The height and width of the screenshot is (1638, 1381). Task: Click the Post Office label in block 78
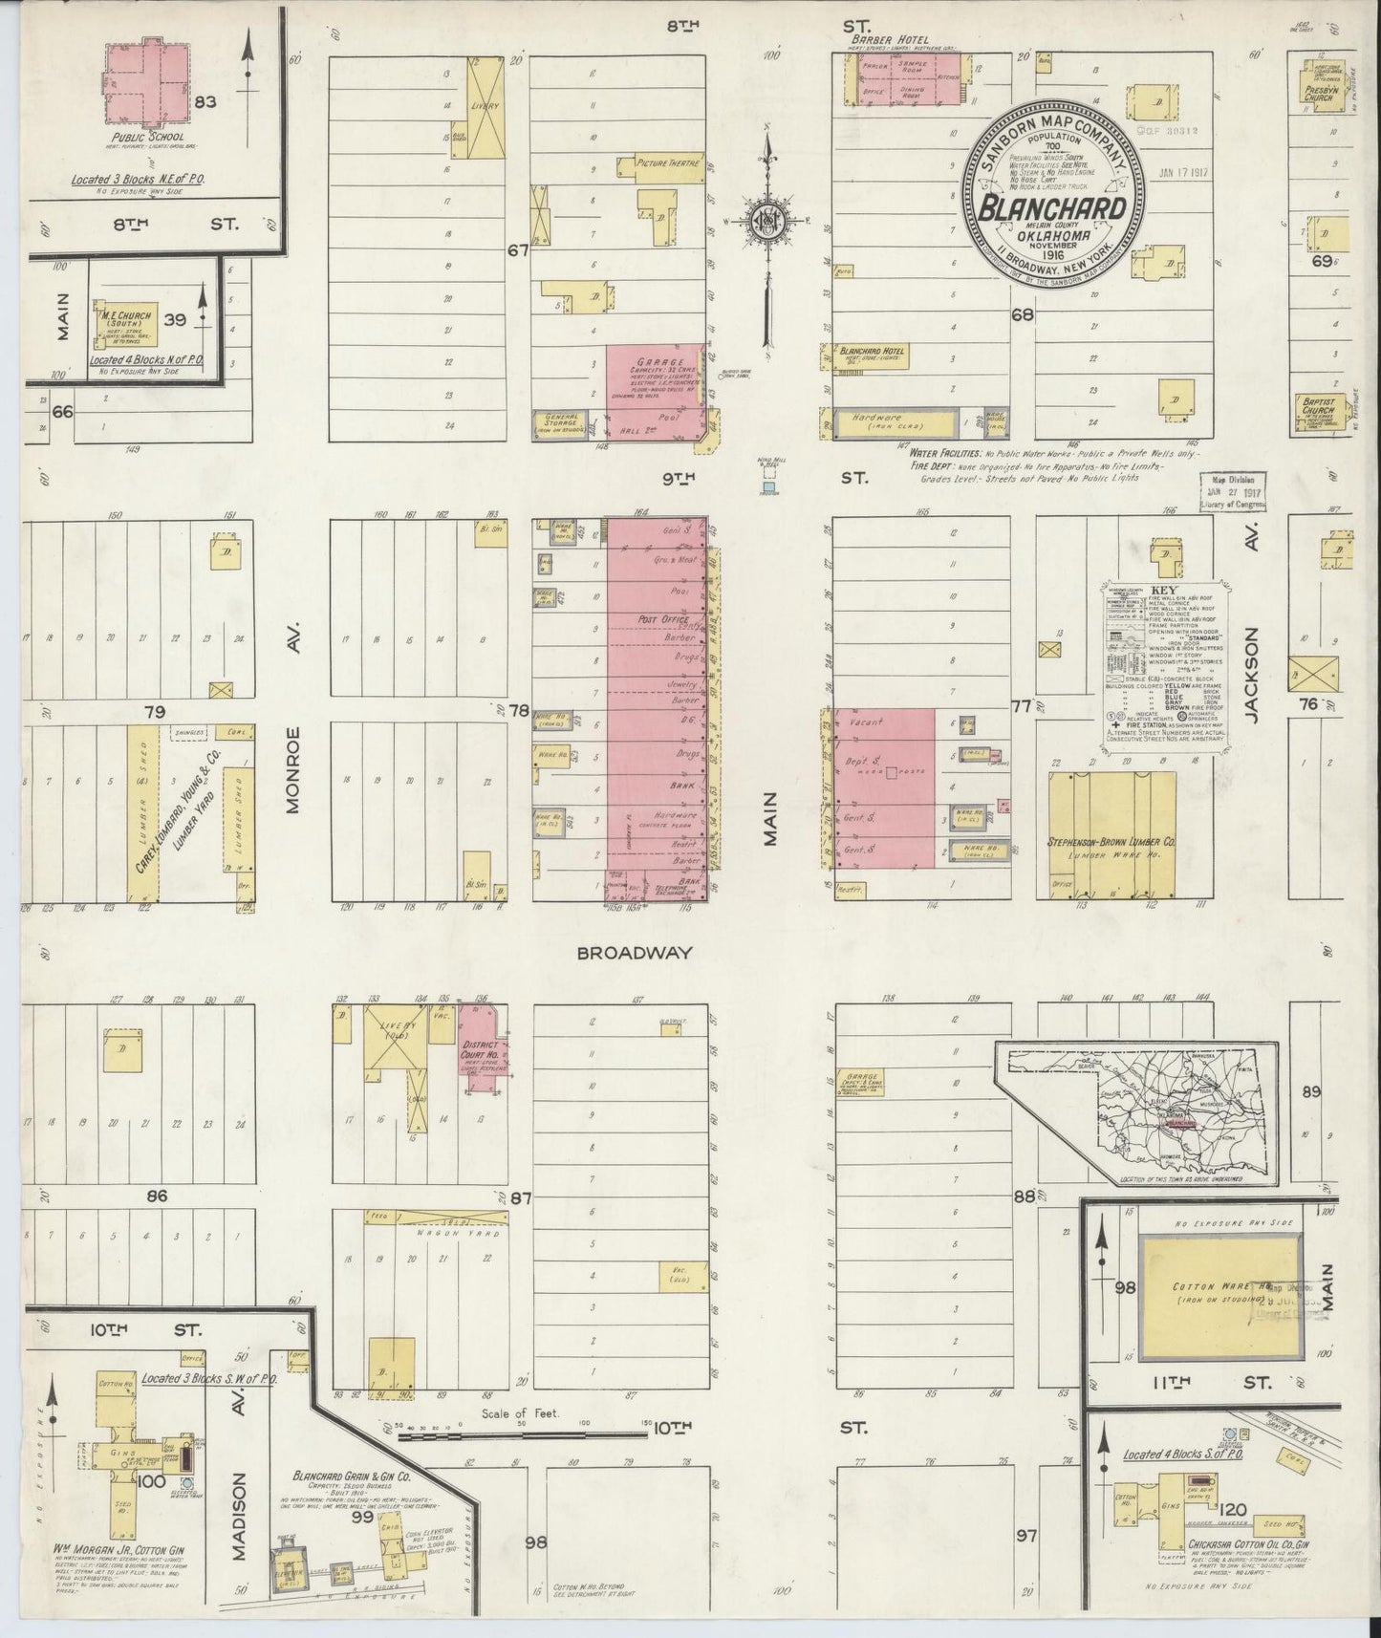pyautogui.click(x=649, y=620)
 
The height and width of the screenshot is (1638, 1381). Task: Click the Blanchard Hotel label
pyautogui.click(x=872, y=352)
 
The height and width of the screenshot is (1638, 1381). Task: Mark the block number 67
pyautogui.click(x=518, y=251)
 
